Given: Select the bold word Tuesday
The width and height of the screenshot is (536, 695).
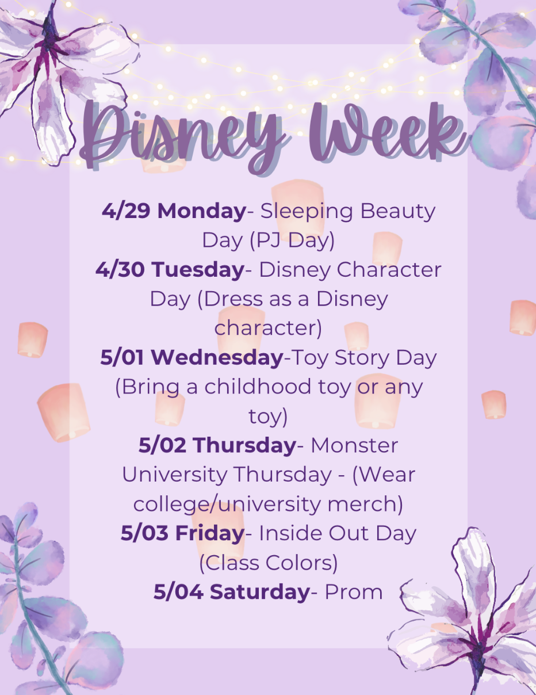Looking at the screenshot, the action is pyautogui.click(x=198, y=270).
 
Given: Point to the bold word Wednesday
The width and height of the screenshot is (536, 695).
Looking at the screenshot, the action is pyautogui.click(x=217, y=358).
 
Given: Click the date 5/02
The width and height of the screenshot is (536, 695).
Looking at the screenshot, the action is pyautogui.click(x=162, y=445).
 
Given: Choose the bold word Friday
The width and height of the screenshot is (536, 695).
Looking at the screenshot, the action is pyautogui.click(x=210, y=533).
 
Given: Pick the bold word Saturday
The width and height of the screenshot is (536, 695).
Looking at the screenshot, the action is pyautogui.click(x=260, y=591).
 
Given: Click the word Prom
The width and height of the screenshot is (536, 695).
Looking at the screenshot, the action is pyautogui.click(x=354, y=592).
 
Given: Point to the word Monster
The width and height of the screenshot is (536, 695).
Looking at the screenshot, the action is pyautogui.click(x=354, y=445).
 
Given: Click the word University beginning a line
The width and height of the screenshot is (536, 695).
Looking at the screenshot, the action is pyautogui.click(x=174, y=475).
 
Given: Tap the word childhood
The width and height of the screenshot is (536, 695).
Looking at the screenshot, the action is pyautogui.click(x=258, y=387).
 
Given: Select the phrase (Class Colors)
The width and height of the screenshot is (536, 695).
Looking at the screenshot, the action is pyautogui.click(x=269, y=563).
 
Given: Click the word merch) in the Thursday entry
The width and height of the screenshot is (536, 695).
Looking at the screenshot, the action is pyautogui.click(x=365, y=505).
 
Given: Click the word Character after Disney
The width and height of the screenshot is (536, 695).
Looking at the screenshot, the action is pyautogui.click(x=389, y=270).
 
